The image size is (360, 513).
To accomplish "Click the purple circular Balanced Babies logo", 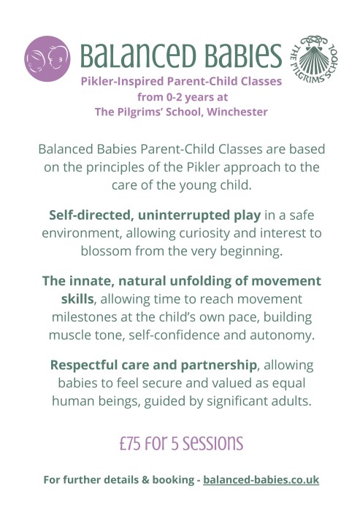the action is point(47,58).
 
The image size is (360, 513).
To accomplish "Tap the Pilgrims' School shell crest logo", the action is point(314,59).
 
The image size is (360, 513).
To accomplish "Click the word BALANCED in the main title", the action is point(138,55).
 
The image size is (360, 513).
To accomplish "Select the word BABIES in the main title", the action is point(243,55).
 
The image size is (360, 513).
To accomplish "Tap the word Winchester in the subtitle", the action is point(237,112).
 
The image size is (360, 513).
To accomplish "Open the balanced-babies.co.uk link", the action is point(261,479).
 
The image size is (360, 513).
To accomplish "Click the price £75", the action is point(130,444).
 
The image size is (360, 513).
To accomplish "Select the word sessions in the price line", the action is point(212,444).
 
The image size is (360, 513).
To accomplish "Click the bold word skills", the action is point(77,299).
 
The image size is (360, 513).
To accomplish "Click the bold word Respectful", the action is point(84,365).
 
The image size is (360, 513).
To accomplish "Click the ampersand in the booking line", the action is point(145,480).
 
